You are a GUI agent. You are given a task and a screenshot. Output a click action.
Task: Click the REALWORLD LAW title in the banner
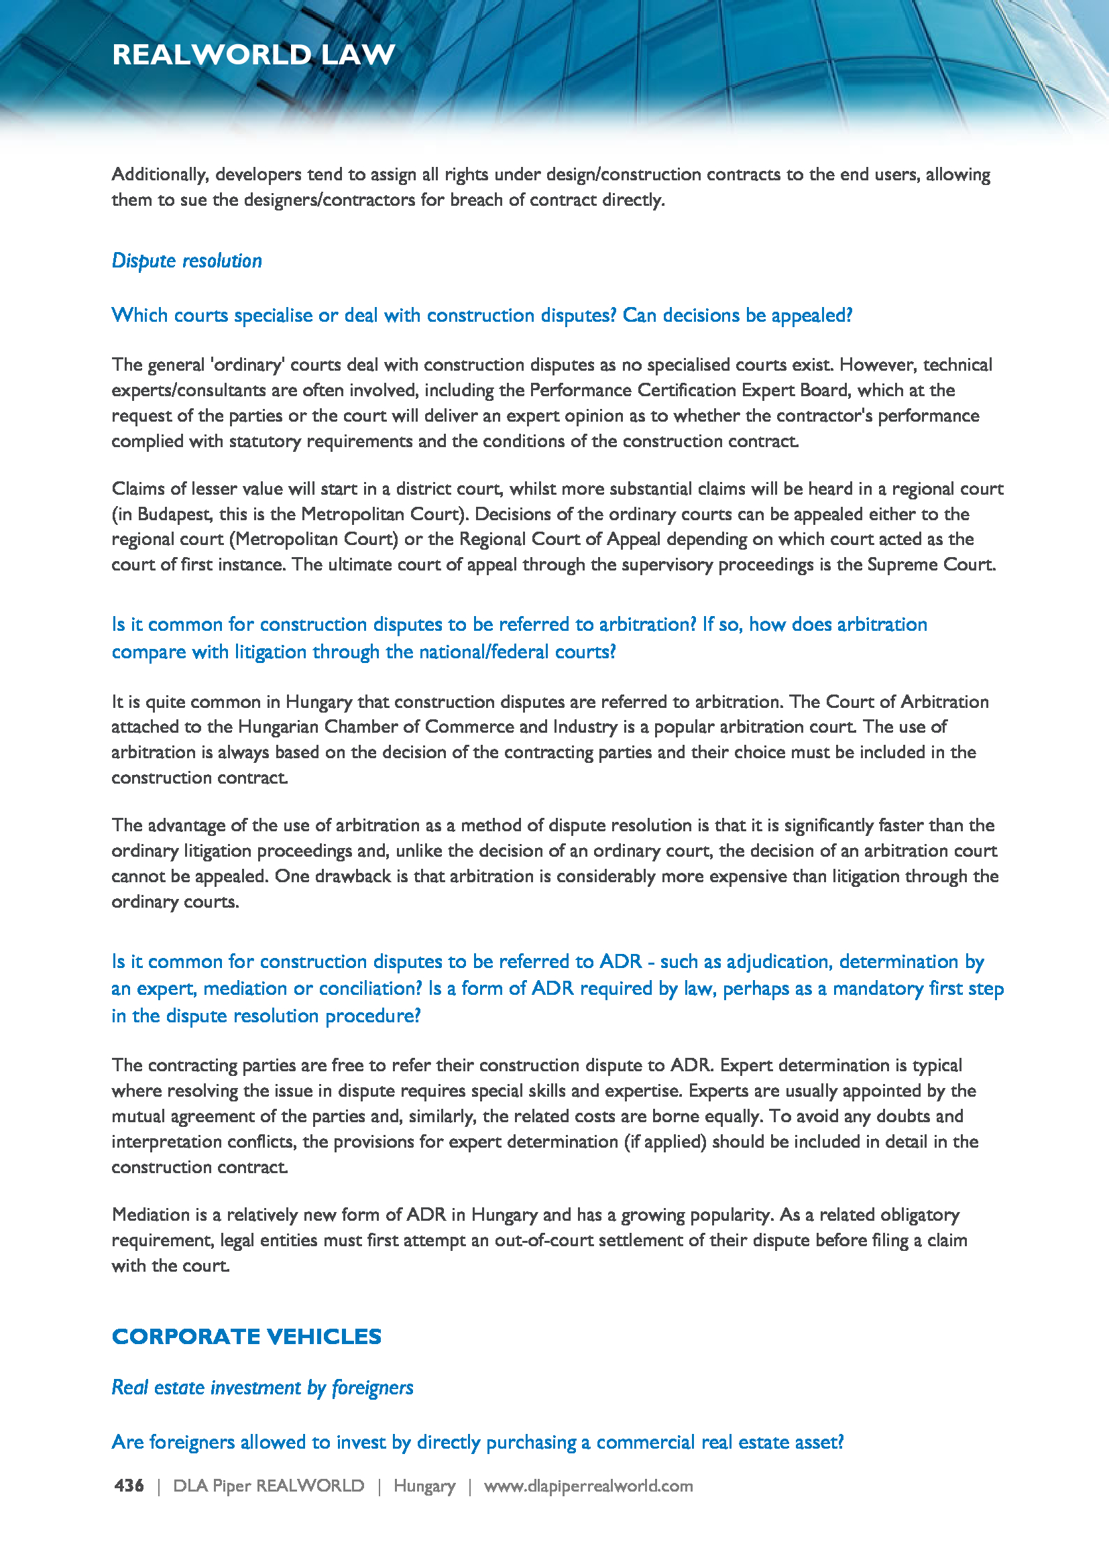click(x=253, y=54)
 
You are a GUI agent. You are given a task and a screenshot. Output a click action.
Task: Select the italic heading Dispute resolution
click(x=186, y=261)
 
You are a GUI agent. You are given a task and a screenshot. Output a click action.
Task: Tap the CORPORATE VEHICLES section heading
click(x=247, y=1337)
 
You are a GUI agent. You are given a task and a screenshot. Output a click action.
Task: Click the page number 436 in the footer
click(x=129, y=1486)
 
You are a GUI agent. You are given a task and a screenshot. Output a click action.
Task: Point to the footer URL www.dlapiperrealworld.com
click(x=588, y=1486)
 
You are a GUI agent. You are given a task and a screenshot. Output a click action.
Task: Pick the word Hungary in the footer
click(x=424, y=1486)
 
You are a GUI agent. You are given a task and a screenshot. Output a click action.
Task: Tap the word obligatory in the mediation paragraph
click(x=919, y=1215)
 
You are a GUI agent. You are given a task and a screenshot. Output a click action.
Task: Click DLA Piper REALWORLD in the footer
click(x=268, y=1486)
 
